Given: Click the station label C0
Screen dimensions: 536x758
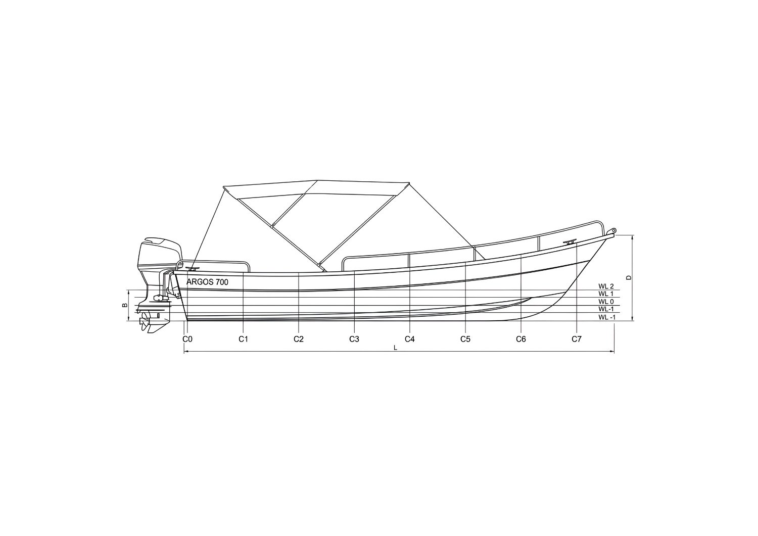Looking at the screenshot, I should [187, 339].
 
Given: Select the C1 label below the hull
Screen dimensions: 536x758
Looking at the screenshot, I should [243, 339].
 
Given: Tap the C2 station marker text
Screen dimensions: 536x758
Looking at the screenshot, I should [299, 339].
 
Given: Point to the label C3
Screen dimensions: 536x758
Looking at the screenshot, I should [354, 339].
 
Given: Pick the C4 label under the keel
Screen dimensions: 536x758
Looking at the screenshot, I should [410, 339].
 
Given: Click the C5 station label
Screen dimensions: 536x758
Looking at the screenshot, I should [465, 339].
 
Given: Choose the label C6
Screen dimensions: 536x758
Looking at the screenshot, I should [521, 339].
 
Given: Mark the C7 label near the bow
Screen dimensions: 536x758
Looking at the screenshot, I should [577, 339].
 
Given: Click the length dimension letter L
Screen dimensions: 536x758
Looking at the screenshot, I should [396, 348].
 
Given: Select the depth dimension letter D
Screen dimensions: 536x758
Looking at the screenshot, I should [628, 277].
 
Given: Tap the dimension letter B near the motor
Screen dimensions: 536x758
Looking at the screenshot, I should [124, 305].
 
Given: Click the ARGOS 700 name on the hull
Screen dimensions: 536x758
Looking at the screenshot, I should [207, 282].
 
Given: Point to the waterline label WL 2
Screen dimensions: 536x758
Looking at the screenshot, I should [605, 286].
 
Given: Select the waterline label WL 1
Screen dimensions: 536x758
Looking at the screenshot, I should [605, 294].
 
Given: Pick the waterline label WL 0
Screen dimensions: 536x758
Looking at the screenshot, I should [605, 302].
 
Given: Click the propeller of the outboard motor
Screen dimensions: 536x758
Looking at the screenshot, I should [145, 321].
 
